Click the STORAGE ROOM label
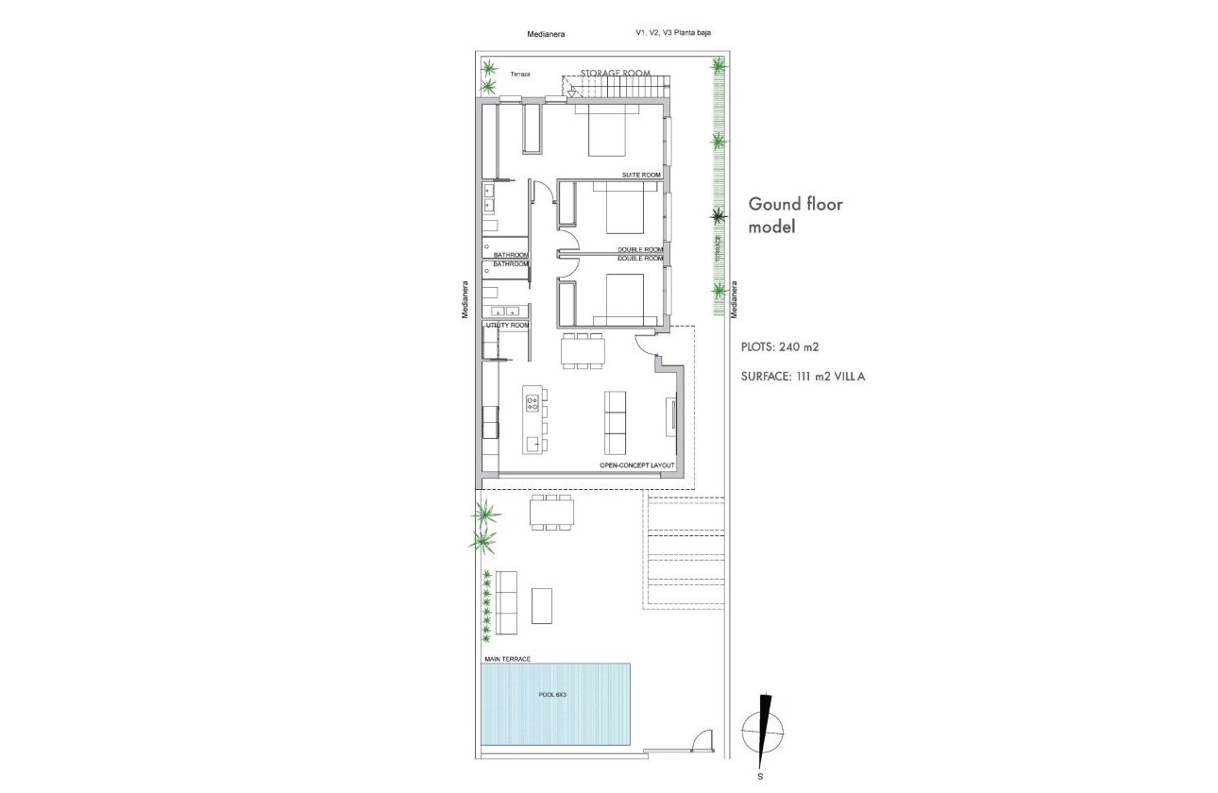(x=616, y=73)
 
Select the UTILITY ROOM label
(x=506, y=325)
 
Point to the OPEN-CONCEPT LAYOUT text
(x=637, y=466)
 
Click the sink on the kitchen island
(x=534, y=441)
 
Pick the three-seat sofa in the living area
(x=615, y=424)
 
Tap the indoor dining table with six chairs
(x=583, y=350)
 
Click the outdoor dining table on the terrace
(x=552, y=515)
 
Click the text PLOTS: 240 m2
(x=780, y=346)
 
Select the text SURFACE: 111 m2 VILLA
(x=804, y=376)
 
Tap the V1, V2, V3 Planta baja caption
(x=673, y=33)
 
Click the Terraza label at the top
(x=520, y=74)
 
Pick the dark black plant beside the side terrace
(x=719, y=216)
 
